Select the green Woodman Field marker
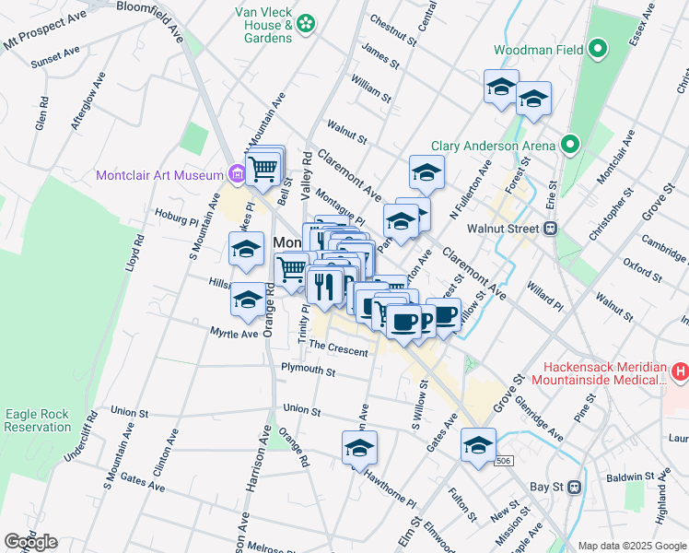tap(598, 49)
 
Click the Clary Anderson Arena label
tap(494, 146)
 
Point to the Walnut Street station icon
tap(551, 228)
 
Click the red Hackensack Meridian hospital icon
tap(680, 372)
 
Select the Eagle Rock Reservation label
tap(37, 420)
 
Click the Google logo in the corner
tap(30, 542)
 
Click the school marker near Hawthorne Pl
tap(359, 448)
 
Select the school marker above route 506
tap(478, 445)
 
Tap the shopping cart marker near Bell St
tap(263, 168)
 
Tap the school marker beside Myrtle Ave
tap(247, 300)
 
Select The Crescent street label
tap(338, 351)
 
